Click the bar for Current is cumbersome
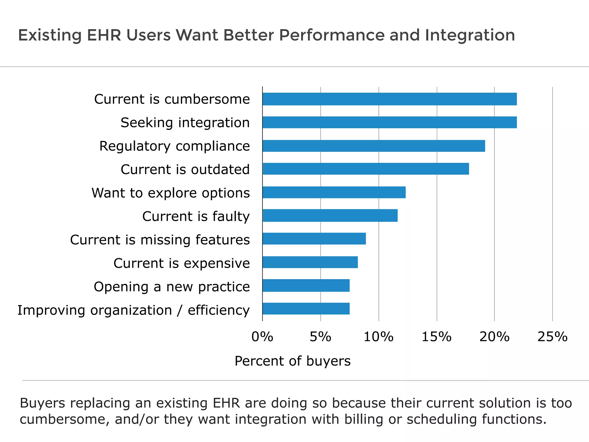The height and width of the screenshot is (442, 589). point(389,99)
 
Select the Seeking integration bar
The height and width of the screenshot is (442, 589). point(389,122)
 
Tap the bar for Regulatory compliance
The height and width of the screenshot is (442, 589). point(374,146)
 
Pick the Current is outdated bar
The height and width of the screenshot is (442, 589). point(366,169)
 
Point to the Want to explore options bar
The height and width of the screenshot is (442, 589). point(334,192)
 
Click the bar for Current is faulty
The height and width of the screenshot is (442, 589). point(330,216)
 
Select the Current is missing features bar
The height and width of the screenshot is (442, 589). point(314,239)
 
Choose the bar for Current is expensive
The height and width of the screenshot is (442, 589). point(310,262)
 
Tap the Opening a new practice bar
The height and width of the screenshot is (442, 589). point(306,285)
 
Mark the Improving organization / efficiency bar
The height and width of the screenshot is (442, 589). point(306,309)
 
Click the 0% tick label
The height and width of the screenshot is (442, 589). point(262,337)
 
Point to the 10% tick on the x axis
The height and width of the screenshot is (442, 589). point(378,337)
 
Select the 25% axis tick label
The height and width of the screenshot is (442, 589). point(552,337)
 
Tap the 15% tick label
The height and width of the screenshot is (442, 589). point(437,337)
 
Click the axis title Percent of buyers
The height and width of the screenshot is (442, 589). point(292,361)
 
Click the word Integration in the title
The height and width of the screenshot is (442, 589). point(470,35)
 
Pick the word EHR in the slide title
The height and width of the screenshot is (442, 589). point(104,35)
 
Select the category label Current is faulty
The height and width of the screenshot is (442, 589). point(196,216)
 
